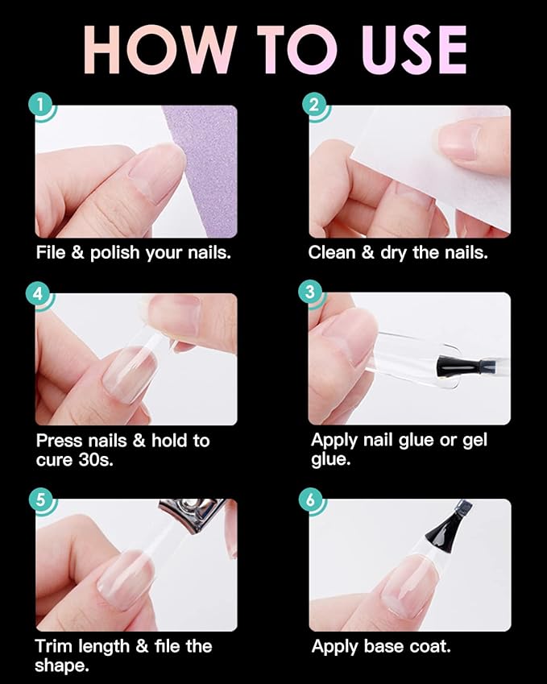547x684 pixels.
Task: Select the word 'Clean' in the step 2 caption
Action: (x=332, y=252)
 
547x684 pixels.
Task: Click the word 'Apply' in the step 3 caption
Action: (x=334, y=441)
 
